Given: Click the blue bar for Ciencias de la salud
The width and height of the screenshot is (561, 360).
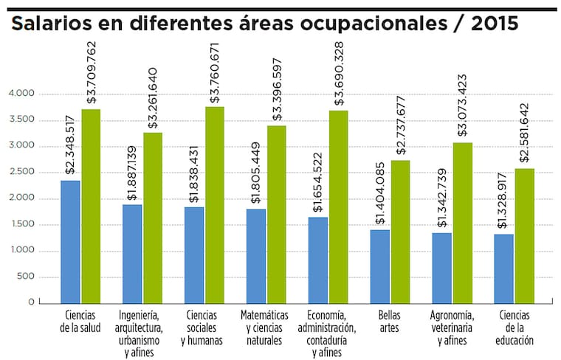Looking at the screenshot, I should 71,241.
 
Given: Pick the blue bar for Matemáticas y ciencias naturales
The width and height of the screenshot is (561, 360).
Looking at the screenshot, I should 256,255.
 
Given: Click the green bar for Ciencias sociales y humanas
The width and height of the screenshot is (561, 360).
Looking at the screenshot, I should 215,204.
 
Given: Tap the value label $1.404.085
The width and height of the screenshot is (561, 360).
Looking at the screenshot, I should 381,193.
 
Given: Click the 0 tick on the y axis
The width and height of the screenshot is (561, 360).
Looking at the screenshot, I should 31,302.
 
